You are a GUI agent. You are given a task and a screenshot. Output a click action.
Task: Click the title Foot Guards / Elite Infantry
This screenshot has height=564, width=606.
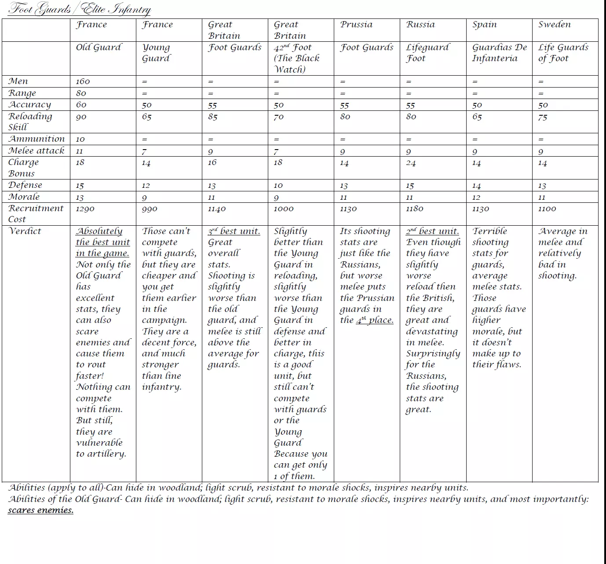click(79, 9)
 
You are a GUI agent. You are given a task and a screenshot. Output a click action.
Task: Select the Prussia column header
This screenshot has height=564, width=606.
click(356, 25)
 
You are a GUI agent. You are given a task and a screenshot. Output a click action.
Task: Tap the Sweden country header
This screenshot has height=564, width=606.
click(554, 25)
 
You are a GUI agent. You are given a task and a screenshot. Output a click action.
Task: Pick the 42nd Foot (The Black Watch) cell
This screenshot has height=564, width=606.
click(296, 58)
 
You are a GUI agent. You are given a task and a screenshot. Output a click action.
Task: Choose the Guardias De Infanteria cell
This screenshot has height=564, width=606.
click(499, 53)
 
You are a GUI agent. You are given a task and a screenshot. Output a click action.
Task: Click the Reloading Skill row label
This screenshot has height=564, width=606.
click(30, 121)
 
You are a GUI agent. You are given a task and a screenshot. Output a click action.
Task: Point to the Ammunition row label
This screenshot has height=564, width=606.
click(37, 139)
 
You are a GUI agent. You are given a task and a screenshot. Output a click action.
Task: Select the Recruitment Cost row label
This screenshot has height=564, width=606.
click(36, 213)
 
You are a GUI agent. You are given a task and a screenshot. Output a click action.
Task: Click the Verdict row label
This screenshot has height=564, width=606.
click(25, 231)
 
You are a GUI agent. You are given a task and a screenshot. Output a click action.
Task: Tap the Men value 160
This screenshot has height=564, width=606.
click(83, 81)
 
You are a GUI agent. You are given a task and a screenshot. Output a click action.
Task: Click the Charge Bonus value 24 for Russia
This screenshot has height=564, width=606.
click(411, 163)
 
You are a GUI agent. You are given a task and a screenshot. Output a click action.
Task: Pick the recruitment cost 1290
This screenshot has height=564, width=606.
click(85, 209)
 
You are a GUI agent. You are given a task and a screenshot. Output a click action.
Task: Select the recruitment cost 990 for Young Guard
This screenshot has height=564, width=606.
click(150, 209)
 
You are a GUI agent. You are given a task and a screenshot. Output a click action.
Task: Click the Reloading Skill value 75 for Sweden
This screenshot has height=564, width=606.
click(543, 117)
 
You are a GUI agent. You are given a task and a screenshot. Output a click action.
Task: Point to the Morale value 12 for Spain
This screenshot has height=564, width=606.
click(476, 198)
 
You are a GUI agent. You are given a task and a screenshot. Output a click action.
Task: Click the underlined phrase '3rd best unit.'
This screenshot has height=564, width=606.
click(234, 231)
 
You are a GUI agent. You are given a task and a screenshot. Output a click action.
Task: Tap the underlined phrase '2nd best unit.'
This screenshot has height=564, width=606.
click(432, 231)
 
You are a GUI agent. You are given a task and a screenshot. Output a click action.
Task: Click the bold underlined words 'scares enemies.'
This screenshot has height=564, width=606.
click(40, 510)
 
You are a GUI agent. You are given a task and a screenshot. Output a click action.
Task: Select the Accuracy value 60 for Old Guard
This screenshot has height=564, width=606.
click(81, 105)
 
